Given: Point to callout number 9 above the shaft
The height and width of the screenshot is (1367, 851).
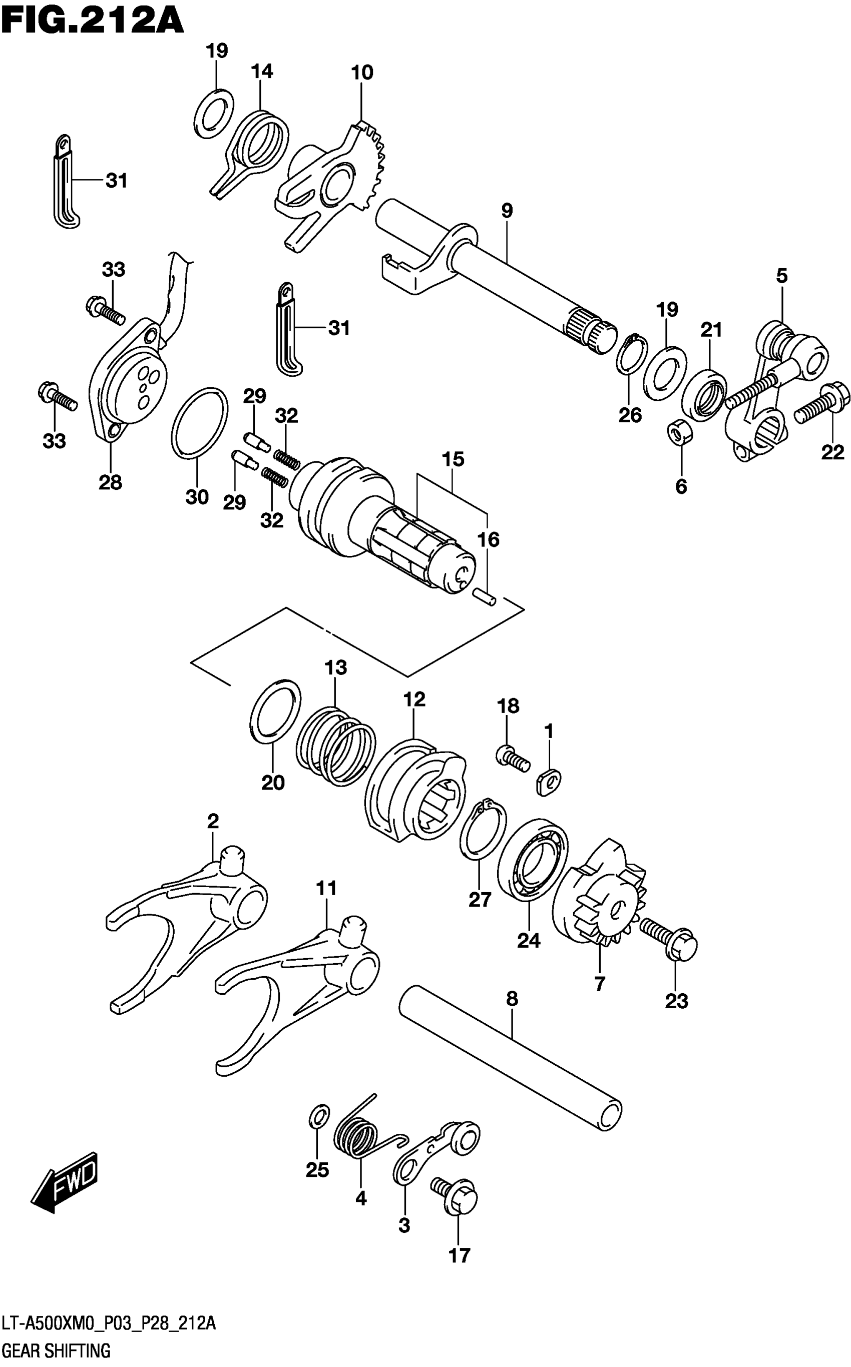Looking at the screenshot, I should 507,211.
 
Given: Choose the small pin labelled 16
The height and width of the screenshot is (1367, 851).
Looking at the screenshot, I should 484,597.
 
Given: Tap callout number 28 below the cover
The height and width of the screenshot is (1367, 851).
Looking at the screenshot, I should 110,482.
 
